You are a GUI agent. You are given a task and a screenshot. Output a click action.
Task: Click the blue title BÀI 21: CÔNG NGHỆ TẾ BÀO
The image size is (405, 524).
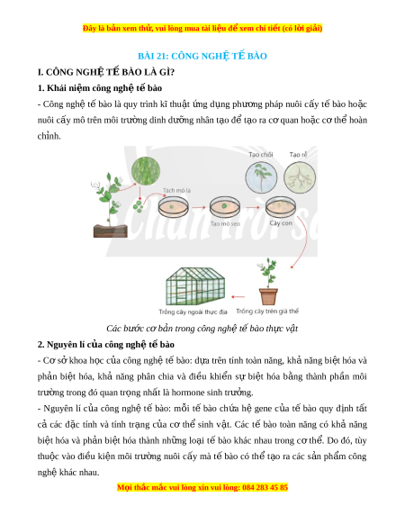[202, 56]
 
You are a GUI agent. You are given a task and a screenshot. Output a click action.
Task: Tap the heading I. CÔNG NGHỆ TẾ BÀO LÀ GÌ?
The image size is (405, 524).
[106, 72]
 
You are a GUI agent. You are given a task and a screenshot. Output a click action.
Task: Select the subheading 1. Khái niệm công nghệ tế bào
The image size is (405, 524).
[100, 88]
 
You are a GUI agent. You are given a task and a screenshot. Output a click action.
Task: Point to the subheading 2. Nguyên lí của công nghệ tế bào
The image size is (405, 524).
[106, 345]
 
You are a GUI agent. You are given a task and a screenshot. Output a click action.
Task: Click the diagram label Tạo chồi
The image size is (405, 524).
[261, 154]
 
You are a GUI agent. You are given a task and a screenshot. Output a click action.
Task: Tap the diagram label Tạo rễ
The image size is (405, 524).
[298, 154]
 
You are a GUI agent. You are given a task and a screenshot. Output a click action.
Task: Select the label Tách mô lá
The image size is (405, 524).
[176, 191]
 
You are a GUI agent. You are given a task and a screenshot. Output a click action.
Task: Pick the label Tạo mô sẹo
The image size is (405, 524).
[225, 223]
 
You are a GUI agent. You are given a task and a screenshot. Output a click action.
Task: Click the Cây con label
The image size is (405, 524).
[281, 223]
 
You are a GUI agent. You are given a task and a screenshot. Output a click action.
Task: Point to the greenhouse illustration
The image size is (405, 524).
[195, 286]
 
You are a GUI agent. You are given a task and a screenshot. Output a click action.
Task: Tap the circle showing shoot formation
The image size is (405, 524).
[261, 177]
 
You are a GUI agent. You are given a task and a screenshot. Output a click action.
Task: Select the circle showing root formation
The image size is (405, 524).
[300, 177]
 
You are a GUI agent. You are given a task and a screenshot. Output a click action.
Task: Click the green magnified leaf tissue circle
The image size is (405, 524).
[146, 171]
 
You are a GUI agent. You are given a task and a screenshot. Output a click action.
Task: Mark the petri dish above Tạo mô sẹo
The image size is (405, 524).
[225, 207]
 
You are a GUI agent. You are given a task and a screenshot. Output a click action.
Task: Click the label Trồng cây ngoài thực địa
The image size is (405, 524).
[193, 312]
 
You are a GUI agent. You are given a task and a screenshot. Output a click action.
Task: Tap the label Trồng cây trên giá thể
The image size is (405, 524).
[267, 312]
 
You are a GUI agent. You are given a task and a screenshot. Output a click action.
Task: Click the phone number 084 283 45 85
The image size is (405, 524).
[265, 488]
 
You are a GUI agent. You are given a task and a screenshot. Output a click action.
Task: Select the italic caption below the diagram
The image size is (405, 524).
[202, 329]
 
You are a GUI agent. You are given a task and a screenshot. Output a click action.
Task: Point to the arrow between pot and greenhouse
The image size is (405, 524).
[238, 296]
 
